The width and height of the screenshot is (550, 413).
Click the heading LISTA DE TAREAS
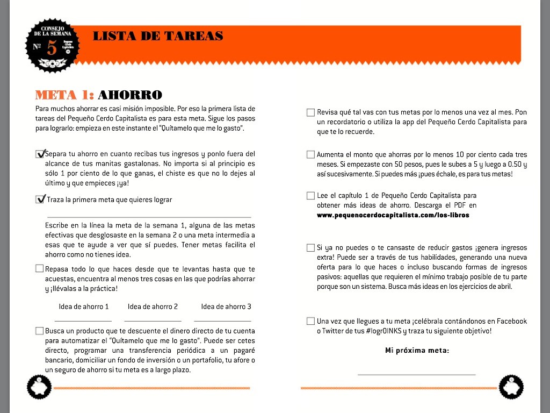click(x=157, y=37)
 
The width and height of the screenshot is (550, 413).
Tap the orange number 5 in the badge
click(x=52, y=48)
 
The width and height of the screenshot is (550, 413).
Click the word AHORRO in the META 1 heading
click(x=129, y=95)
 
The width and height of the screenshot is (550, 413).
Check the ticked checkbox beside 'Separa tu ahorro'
click(x=40, y=154)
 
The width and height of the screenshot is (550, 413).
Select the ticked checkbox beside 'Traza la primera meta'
click(x=40, y=200)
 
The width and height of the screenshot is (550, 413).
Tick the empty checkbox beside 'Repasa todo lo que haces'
click(x=40, y=268)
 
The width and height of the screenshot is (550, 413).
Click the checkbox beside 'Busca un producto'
click(x=40, y=331)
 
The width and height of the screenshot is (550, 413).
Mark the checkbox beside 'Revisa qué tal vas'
click(x=310, y=112)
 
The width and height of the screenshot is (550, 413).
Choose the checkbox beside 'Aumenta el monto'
click(x=310, y=154)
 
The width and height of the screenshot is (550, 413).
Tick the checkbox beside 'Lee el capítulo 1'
click(x=310, y=196)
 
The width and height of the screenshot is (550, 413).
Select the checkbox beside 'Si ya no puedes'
click(x=310, y=248)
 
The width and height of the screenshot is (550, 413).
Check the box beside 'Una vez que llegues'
click(x=310, y=321)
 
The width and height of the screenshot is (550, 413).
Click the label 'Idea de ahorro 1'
click(x=84, y=307)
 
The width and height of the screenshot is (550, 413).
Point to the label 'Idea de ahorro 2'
click(x=153, y=307)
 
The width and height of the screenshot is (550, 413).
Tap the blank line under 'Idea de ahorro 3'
click(x=226, y=320)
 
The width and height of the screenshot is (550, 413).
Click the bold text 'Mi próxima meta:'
click(x=417, y=351)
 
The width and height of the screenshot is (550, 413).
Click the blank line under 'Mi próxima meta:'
click(x=416, y=374)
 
